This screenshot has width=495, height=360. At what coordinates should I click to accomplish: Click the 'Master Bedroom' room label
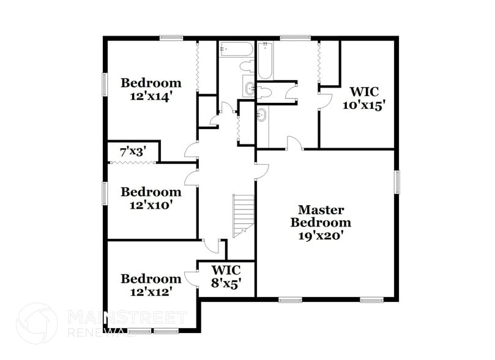pyautogui.click(x=321, y=216)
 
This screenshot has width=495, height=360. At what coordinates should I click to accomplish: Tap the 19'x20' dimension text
pyautogui.click(x=321, y=235)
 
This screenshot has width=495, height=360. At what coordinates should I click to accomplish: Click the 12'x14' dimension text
pyautogui.click(x=151, y=96)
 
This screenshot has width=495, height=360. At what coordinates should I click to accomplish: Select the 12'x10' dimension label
pyautogui.click(x=151, y=206)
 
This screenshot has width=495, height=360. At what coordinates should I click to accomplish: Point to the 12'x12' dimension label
pyautogui.click(x=151, y=292)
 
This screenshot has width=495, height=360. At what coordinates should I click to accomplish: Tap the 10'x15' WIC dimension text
pyautogui.click(x=366, y=105)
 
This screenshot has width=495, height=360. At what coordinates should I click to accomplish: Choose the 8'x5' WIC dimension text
pyautogui.click(x=226, y=284)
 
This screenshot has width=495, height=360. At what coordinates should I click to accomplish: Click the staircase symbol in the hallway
pyautogui.click(x=244, y=216)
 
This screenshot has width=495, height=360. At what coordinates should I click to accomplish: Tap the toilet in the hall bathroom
pyautogui.click(x=247, y=67)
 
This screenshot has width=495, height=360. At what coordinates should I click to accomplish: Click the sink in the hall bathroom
pyautogui.click(x=250, y=89)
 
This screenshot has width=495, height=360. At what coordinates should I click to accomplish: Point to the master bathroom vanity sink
pyautogui.click(x=262, y=114)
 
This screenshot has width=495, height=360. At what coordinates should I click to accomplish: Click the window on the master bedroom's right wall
pyautogui.click(x=396, y=181)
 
